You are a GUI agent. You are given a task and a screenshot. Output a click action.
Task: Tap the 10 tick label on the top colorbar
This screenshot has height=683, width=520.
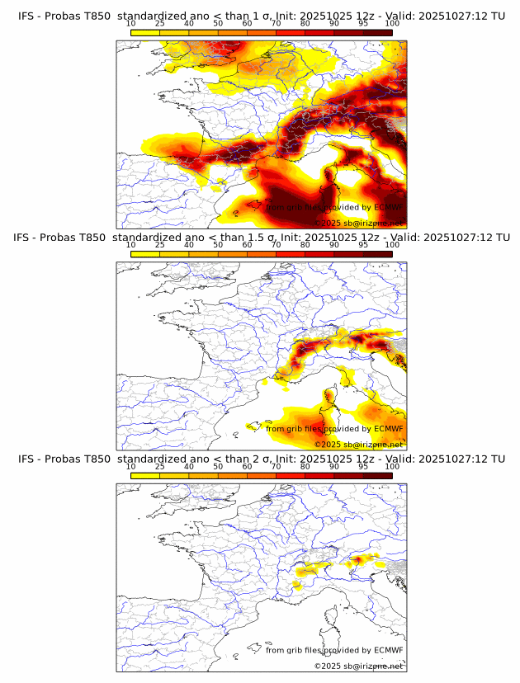point(131,23)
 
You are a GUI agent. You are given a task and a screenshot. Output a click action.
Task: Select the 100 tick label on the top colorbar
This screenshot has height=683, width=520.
point(392,23)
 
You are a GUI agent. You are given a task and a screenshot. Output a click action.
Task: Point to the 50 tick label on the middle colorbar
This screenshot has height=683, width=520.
point(218,245)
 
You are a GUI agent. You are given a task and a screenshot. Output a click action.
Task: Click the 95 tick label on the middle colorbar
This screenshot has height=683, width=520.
point(363,245)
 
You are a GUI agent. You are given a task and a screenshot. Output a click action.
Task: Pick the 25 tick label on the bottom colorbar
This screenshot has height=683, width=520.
point(159,466)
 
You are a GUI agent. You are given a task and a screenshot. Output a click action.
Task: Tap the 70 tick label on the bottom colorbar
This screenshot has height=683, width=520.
point(276,466)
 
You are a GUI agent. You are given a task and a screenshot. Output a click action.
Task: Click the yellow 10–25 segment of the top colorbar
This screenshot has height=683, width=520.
point(145,31)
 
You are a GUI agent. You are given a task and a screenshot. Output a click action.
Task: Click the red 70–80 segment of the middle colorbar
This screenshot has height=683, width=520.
point(291,253)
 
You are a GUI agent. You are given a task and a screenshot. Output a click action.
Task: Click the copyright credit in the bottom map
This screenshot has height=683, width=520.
point(358,666)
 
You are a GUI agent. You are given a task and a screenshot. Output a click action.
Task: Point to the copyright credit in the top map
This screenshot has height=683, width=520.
point(358,223)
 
